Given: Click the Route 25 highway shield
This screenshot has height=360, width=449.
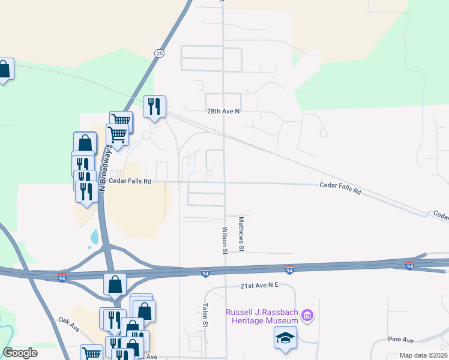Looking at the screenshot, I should pyautogui.click(x=159, y=53).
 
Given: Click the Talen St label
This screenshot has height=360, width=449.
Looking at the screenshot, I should pyautogui.click(x=205, y=314).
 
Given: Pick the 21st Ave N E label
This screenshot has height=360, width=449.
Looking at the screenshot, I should pyautogui.click(x=259, y=286).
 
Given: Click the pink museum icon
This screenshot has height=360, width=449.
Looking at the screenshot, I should pyautogui.click(x=307, y=314).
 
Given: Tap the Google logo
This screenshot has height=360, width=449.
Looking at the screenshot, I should pyautogui.click(x=20, y=353).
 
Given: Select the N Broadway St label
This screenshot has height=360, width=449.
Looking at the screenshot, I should pyautogui.click(x=103, y=169).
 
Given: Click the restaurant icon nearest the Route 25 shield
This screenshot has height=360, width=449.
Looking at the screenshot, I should pyautogui.click(x=155, y=107).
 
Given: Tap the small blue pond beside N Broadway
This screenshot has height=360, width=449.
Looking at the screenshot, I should pyautogui.click(x=94, y=238).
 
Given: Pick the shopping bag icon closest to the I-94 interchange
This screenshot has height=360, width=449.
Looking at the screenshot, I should pyautogui.click(x=115, y=284).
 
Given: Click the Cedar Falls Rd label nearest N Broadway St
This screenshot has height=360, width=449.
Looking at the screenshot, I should pyautogui.click(x=130, y=181).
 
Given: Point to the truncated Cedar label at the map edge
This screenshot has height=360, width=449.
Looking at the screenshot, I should pyautogui.click(x=441, y=214).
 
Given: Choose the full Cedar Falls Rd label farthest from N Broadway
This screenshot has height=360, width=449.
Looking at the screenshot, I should pyautogui.click(x=340, y=188).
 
